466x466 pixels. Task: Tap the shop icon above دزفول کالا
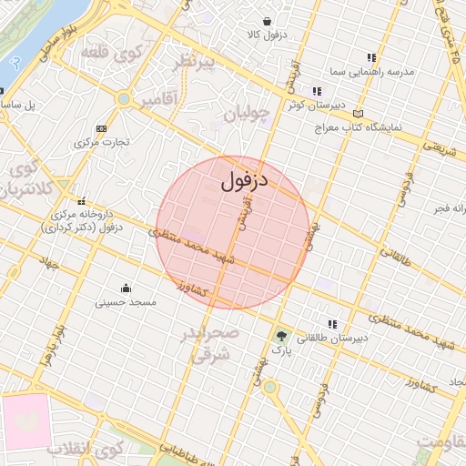[x=267, y=21]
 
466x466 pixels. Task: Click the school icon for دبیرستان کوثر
[x=317, y=91]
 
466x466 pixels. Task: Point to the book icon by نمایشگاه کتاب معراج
[x=358, y=114]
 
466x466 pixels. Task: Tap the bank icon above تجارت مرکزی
[x=100, y=128]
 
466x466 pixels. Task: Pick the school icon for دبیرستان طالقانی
[x=333, y=324]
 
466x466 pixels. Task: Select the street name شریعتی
[x=441, y=146]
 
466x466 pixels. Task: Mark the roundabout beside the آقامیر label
[x=123, y=98]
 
